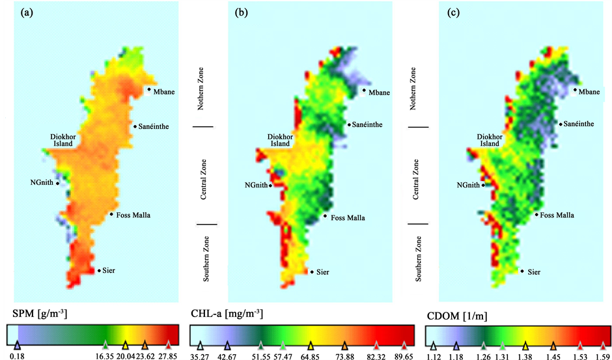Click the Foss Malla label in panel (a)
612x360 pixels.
133,215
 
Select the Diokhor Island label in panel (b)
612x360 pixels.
281,140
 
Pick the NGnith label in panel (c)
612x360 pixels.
468,185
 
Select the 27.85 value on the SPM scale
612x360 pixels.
168,355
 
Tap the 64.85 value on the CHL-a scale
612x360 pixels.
311,355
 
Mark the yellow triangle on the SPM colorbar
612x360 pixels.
125,344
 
